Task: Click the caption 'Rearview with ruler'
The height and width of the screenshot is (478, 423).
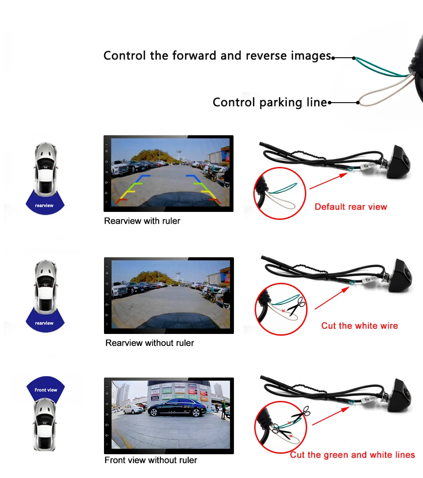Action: point(142,221)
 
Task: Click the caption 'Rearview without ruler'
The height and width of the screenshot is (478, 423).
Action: point(149,343)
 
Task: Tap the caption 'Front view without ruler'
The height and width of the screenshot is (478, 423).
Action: point(151,460)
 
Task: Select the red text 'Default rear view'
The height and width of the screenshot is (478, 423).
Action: point(351,207)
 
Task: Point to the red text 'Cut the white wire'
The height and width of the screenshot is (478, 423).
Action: point(359,326)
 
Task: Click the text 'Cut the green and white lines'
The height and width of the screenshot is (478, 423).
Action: point(352,455)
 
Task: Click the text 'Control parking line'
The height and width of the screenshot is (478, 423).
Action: point(270,103)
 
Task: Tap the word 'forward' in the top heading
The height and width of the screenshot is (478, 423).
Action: point(193,56)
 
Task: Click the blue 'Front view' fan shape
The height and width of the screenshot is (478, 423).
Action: point(46,388)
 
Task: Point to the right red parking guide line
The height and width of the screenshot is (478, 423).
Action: point(215,200)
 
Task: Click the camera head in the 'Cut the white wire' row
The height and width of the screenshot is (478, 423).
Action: point(401,275)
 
